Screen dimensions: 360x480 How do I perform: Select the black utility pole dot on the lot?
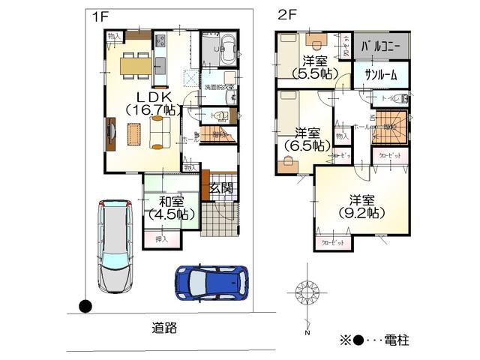click(85, 306)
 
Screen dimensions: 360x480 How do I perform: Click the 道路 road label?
click(163, 328)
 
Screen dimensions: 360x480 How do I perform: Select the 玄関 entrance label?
click(220, 187)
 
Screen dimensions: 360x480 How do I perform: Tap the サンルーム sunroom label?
click(381, 75)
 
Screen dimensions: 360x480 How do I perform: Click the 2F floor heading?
click(287, 14)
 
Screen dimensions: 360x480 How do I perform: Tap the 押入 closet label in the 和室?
click(161, 238)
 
